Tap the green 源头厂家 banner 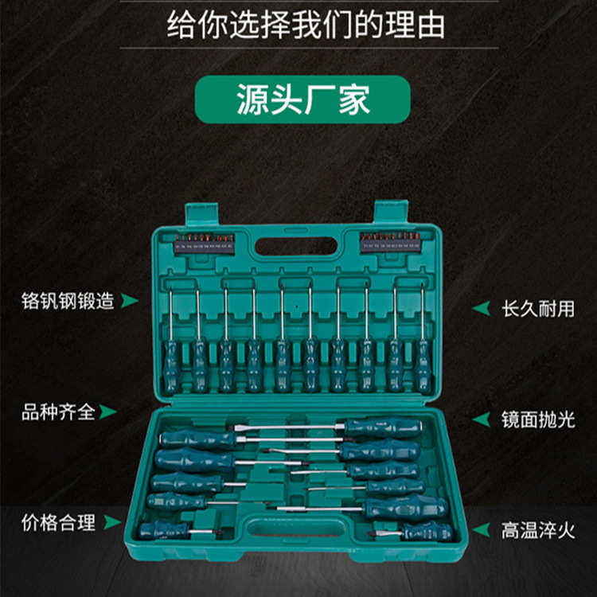pyautogui.click(x=303, y=100)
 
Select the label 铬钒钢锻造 pyautogui.click(x=68, y=301)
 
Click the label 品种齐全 pyautogui.click(x=58, y=412)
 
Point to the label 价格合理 pyautogui.click(x=58, y=523)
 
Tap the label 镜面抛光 pyautogui.click(x=537, y=419)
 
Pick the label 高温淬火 pyautogui.click(x=537, y=530)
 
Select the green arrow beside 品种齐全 pyautogui.click(x=107, y=412)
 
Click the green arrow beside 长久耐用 pyautogui.click(x=481, y=308)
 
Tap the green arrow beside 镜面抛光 pyautogui.click(x=481, y=419)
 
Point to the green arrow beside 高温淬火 pyautogui.click(x=481, y=530)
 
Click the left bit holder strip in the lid pyautogui.click(x=204, y=243)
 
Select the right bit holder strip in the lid pyautogui.click(x=389, y=242)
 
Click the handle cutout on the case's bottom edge pyautogui.click(x=296, y=529)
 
